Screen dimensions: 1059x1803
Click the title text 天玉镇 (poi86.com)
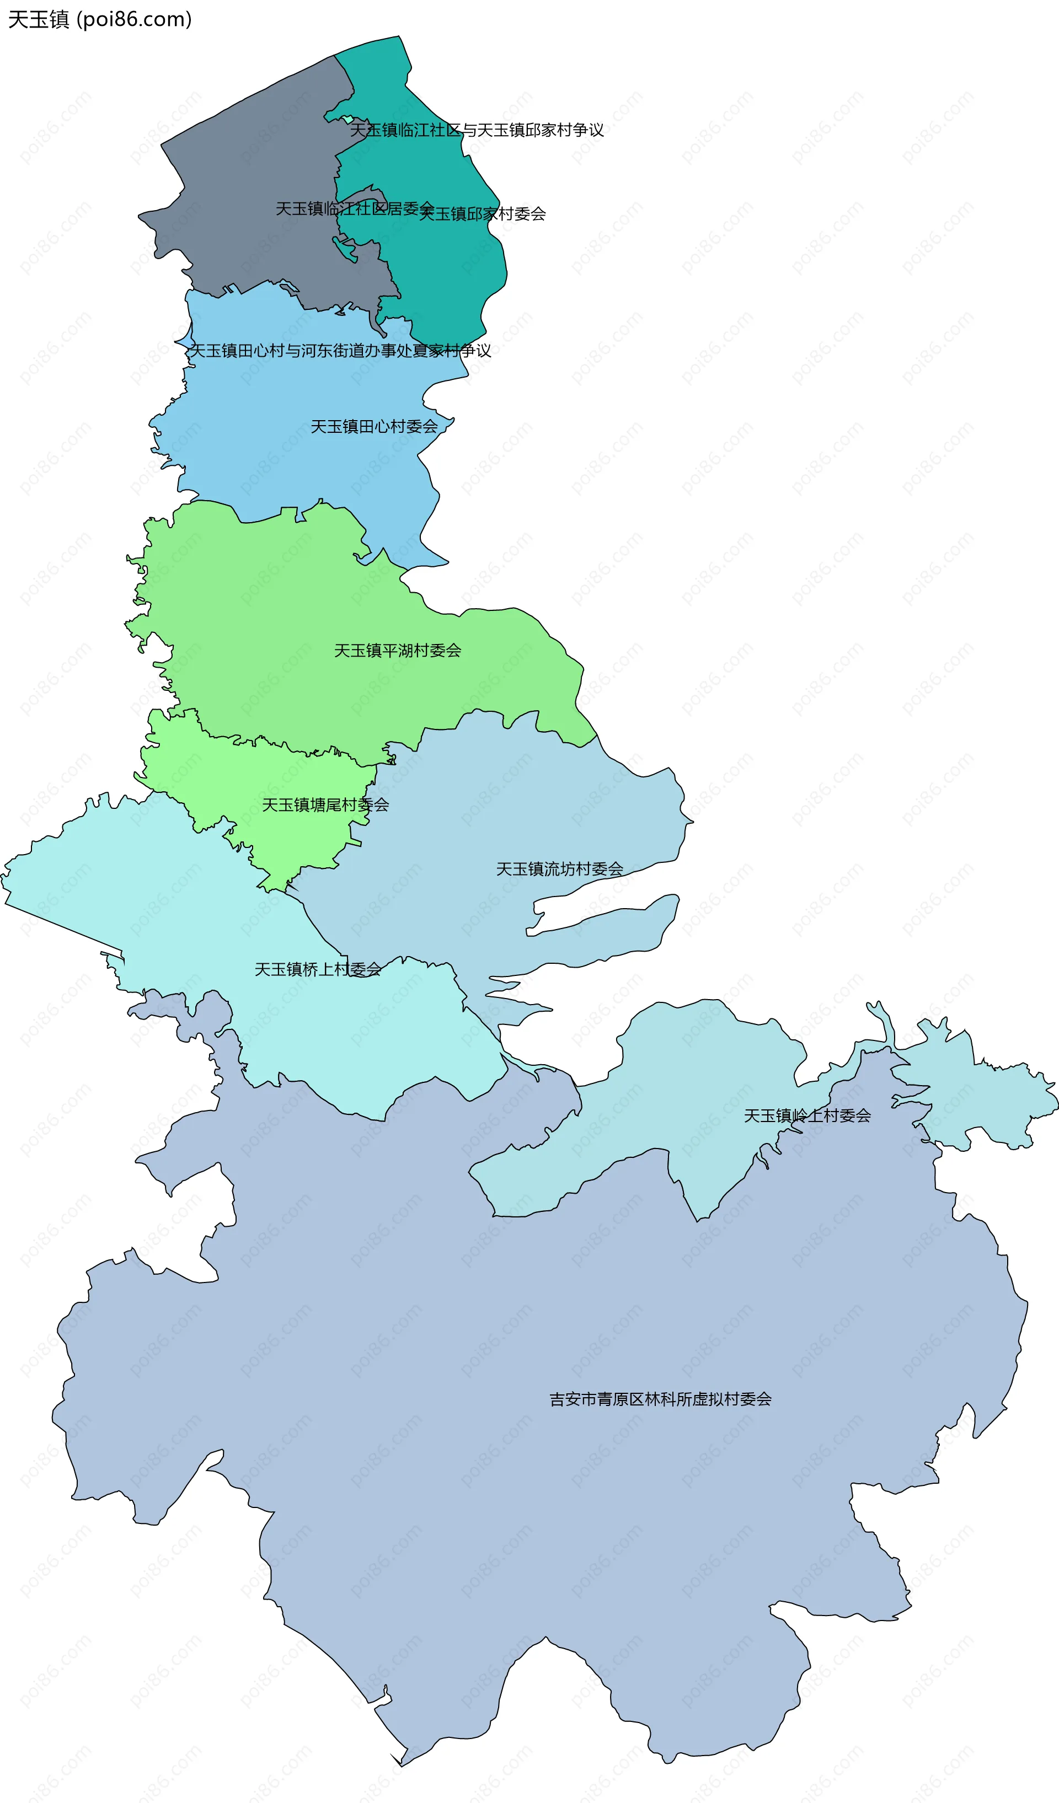click(x=99, y=19)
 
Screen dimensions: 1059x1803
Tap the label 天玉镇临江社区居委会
click(x=354, y=208)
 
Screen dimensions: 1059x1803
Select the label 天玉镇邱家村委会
click(x=482, y=213)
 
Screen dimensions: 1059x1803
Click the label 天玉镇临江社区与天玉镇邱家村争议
click(x=477, y=130)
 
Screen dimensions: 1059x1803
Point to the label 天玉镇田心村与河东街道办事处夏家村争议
click(x=339, y=351)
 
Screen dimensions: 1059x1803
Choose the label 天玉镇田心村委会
click(x=373, y=426)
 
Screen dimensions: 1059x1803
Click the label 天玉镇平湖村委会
click(x=397, y=651)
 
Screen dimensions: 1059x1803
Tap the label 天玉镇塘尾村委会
click(x=325, y=805)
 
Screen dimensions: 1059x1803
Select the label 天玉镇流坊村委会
click(x=559, y=868)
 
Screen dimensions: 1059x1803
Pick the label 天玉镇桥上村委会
click(x=318, y=969)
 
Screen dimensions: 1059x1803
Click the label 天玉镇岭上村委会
click(x=806, y=1115)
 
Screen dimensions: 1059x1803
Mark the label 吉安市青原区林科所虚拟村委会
click(x=660, y=1399)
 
